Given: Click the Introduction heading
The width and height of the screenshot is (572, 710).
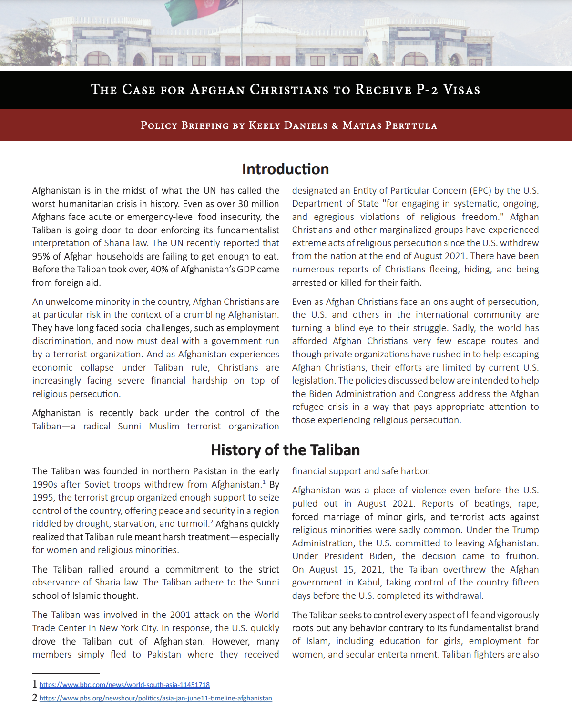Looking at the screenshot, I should coord(286,169).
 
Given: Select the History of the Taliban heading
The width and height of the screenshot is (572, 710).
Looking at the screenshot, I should coord(286,450).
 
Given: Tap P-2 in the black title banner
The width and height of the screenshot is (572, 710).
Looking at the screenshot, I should coord(427,90).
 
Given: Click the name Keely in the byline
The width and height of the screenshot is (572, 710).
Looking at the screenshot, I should coord(265,125).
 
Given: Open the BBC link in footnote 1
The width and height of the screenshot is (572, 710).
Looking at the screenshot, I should coord(124,685).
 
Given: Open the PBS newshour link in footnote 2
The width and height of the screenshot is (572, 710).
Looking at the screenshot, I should coord(155,698).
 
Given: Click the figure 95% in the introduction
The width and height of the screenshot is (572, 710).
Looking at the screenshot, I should coord(41,256).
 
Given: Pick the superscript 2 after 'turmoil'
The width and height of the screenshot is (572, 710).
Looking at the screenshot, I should coord(212,522).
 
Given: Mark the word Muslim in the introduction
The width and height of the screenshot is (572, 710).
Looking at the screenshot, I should coord(164,426).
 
